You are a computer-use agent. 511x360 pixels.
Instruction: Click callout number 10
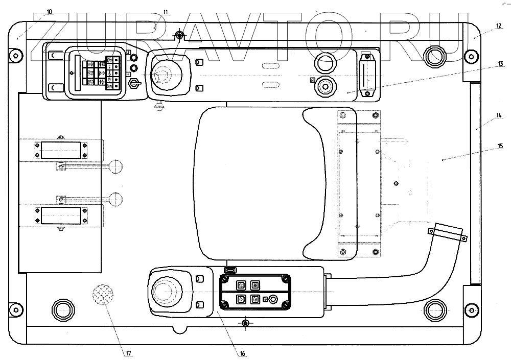coord(49,12)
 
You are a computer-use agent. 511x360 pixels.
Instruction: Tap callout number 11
coord(166,12)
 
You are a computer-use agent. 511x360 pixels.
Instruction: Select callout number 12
coord(499,26)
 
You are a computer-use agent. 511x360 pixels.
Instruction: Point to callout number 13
coord(501,64)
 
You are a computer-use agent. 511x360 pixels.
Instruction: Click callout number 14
coord(499,115)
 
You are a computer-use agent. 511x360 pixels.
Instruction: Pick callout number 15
coord(500,146)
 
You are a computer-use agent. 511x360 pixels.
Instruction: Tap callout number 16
coord(242,353)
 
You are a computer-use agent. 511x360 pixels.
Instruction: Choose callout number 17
coord(128,353)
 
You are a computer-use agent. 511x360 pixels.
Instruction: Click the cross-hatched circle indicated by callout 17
coord(103,294)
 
